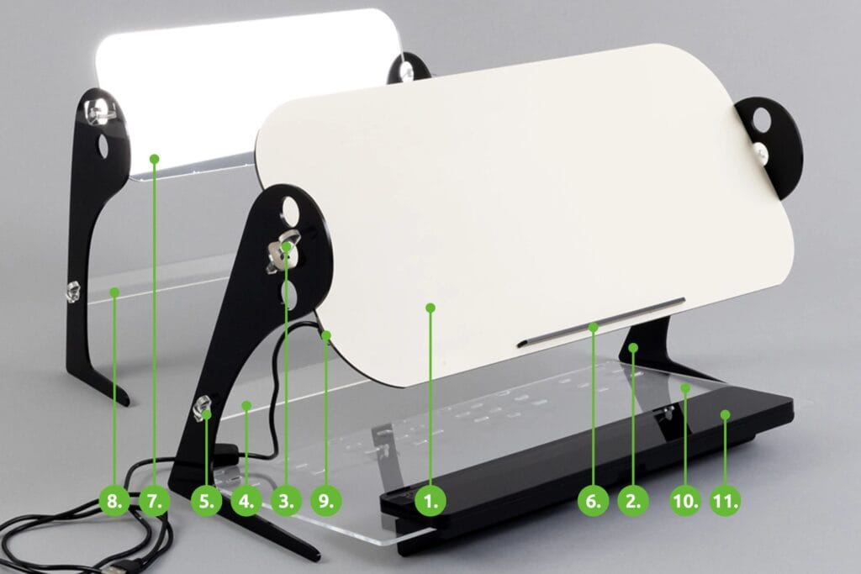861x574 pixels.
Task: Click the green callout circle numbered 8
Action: (114, 501)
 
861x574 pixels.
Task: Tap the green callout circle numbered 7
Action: (155, 501)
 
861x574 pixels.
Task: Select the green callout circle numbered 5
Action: (207, 501)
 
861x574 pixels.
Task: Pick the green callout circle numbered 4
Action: (246, 501)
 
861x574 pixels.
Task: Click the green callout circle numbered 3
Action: (287, 501)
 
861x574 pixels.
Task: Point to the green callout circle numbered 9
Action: (326, 501)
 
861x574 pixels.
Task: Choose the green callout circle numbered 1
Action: (430, 501)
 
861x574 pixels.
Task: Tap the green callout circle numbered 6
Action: (593, 501)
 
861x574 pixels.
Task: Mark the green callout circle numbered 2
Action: (633, 501)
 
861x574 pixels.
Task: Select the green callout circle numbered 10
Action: (685, 501)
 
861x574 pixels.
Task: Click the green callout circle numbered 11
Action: (726, 501)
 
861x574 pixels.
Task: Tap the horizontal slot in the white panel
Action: (600, 323)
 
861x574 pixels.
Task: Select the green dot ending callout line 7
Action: (155, 159)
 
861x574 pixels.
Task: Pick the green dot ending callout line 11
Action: (726, 415)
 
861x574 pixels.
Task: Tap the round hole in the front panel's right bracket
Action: (763, 117)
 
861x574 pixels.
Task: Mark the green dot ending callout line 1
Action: (430, 308)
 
